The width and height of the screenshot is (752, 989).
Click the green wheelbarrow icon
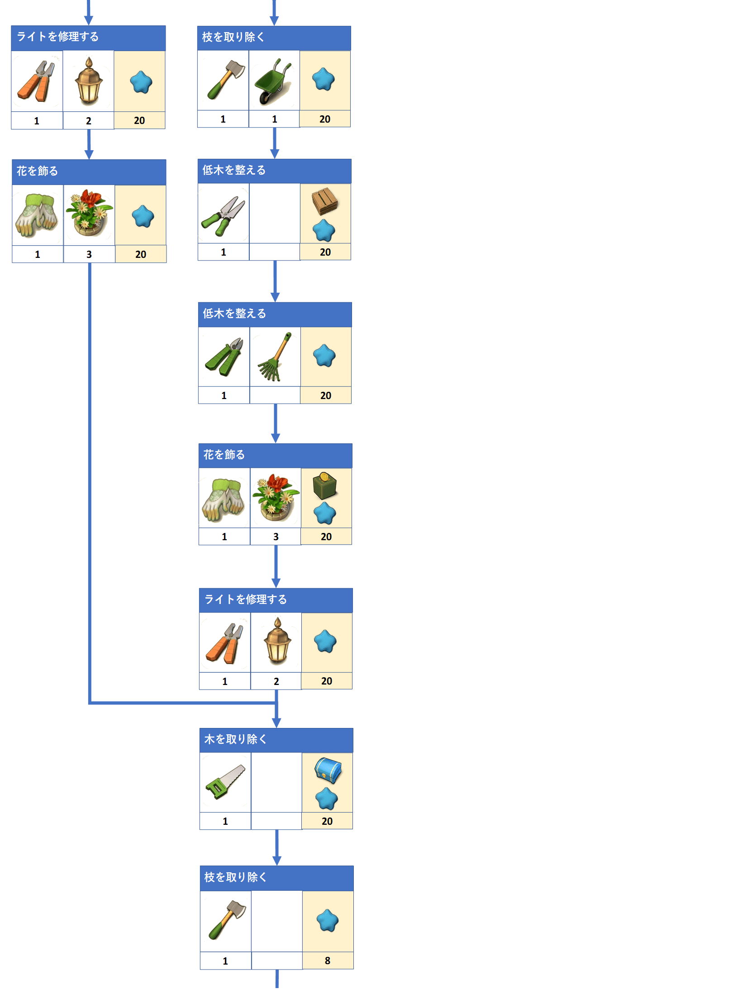point(273,81)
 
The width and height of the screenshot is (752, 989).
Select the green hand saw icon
point(225,782)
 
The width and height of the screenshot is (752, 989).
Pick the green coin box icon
point(324,485)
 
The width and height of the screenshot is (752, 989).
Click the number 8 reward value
point(328,960)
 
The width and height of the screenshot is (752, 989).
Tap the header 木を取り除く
point(235,739)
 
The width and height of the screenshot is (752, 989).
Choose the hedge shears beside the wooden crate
point(223,216)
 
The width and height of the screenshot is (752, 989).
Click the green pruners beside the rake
point(224,357)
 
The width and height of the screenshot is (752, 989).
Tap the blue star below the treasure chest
point(327,799)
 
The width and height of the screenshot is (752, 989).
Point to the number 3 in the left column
point(89,254)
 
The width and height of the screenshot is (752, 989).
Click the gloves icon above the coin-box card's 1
point(224,500)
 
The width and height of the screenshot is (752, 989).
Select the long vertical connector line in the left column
point(90,483)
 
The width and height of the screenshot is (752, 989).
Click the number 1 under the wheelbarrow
point(274,119)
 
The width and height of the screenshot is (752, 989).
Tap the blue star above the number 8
point(328,920)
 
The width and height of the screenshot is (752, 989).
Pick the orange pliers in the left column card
point(36,81)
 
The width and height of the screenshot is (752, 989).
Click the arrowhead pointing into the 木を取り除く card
point(276,723)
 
